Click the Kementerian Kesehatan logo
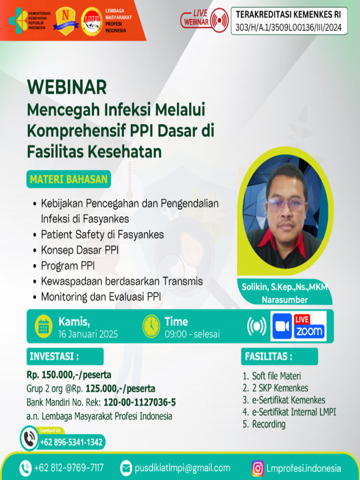[18, 19]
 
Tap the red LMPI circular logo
[91, 21]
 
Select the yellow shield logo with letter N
[63, 20]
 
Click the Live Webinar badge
[204, 19]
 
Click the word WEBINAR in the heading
[67, 87]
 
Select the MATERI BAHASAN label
[68, 180]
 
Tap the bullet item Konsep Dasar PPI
[80, 250]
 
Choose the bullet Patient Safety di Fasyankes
[102, 234]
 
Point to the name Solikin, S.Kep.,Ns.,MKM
[285, 287]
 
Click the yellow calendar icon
[44, 326]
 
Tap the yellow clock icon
[151, 326]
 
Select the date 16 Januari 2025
[88, 334]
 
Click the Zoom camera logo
[282, 326]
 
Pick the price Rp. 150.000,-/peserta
[69, 375]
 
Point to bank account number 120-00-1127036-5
[140, 402]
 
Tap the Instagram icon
[257, 468]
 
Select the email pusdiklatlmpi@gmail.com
[182, 468]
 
